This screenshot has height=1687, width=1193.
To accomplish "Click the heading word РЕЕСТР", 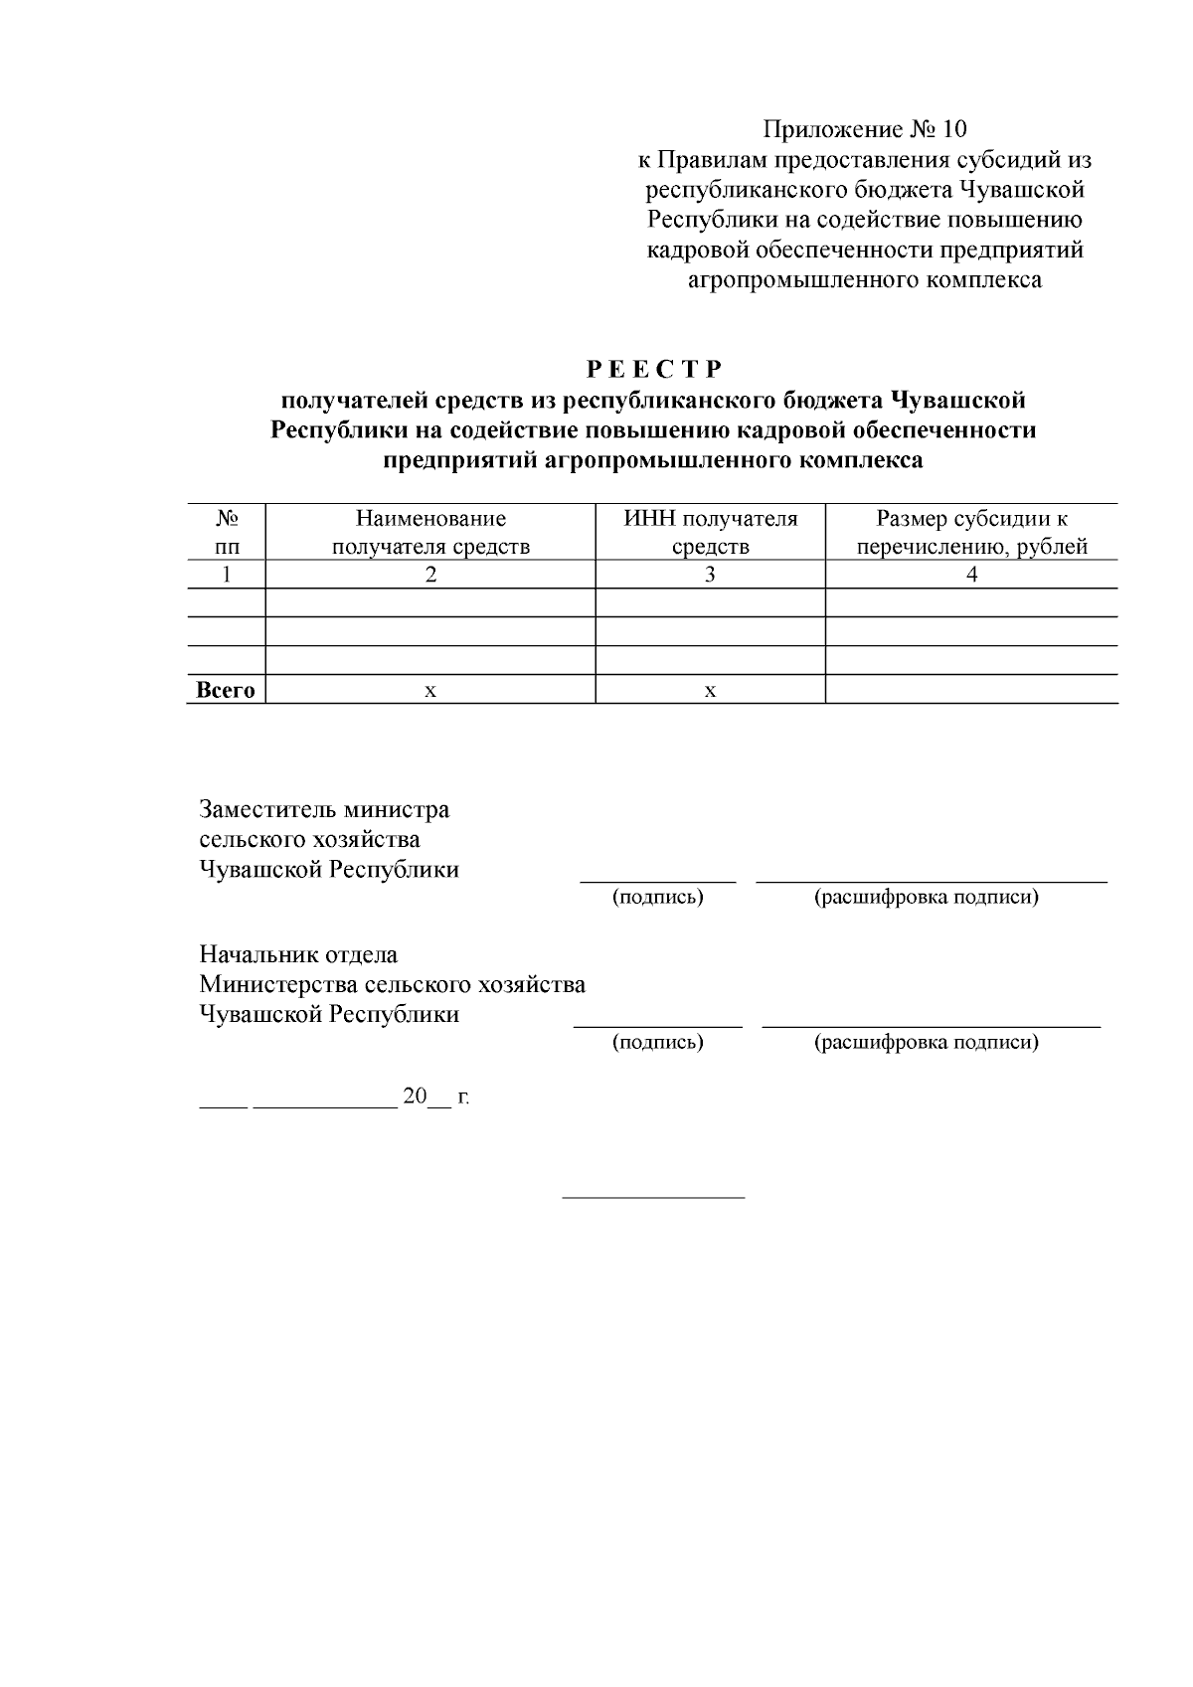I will click(x=653, y=370).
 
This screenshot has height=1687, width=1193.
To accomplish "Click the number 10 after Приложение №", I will click(x=951, y=129).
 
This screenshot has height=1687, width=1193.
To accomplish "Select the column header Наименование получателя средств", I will click(x=430, y=532).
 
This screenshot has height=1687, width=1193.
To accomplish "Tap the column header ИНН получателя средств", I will click(x=710, y=532).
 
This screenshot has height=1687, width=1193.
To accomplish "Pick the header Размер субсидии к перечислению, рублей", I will click(x=971, y=532).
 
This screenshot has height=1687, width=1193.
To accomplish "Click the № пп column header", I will click(x=227, y=532).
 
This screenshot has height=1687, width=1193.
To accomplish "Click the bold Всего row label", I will click(x=226, y=690).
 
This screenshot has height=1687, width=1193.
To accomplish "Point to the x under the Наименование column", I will click(x=430, y=691).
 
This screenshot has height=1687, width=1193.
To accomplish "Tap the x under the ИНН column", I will click(x=710, y=691).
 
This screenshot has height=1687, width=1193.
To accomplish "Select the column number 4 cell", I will click(x=971, y=575).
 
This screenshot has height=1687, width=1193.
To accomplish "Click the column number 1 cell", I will click(x=227, y=575).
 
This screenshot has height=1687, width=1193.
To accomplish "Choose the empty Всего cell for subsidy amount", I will click(x=971, y=690).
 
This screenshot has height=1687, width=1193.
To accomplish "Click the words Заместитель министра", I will click(x=324, y=809).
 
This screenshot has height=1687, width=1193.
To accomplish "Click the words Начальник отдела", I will click(x=298, y=955).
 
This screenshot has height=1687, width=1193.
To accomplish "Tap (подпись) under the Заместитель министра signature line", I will click(x=657, y=898).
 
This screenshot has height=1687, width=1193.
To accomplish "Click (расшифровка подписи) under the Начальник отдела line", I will click(x=926, y=1043).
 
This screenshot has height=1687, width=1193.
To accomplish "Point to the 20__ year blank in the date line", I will click(x=426, y=1097).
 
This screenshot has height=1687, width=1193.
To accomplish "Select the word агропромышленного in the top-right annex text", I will click(x=804, y=280).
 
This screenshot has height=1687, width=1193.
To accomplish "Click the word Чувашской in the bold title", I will click(x=957, y=401).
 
